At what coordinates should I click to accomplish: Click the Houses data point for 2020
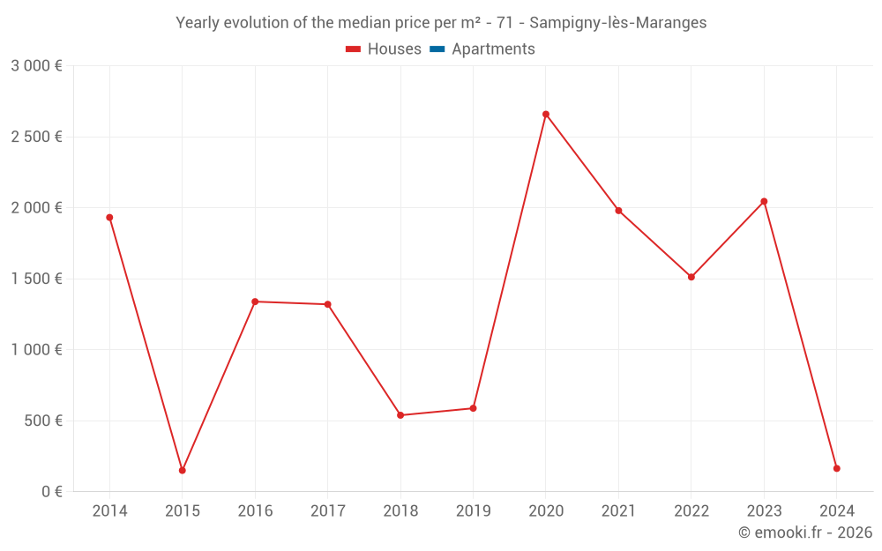[x=546, y=114]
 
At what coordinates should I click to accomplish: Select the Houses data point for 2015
[x=183, y=470]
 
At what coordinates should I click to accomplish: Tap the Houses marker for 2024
[x=836, y=468]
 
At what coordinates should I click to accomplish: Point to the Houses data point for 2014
[x=109, y=217]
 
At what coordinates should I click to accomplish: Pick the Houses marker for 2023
[x=764, y=201]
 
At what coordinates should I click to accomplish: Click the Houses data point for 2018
[x=400, y=415]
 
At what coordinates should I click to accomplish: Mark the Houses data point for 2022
[x=691, y=277]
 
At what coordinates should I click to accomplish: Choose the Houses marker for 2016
[x=255, y=302]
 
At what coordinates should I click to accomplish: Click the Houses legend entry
[x=384, y=49]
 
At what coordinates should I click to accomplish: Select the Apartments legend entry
[x=482, y=49]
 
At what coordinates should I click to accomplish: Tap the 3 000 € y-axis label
[x=36, y=66]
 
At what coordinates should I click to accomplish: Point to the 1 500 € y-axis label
[x=36, y=279]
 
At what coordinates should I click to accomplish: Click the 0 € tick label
[x=52, y=491]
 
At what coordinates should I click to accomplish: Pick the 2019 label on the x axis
[x=473, y=511]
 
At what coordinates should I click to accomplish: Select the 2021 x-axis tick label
[x=618, y=511]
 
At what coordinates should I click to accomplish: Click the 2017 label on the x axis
[x=327, y=511]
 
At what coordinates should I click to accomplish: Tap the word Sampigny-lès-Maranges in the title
[x=618, y=23]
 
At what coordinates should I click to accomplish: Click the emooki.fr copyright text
[x=805, y=532]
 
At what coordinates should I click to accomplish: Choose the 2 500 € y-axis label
[x=36, y=137]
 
